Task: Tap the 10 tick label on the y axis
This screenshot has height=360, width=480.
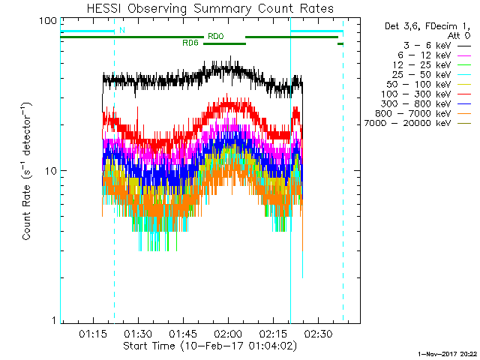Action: click(x=50, y=171)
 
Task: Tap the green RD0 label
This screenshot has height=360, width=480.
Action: click(x=214, y=36)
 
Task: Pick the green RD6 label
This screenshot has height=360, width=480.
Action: click(x=190, y=43)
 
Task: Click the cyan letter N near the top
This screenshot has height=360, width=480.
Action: click(x=121, y=30)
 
